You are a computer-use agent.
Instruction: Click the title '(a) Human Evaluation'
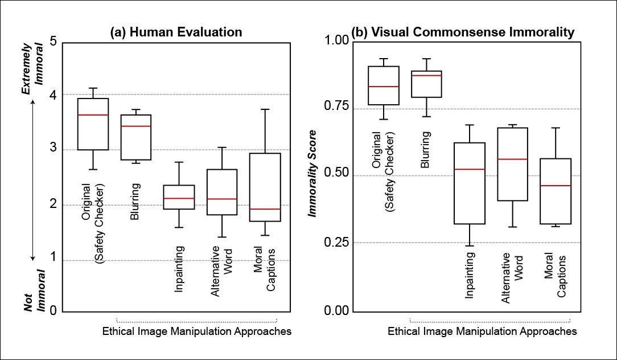pos(176,33)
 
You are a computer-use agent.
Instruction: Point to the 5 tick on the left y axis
pos(53,42)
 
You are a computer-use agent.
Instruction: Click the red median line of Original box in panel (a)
pos(93,115)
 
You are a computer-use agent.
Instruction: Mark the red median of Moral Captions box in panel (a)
pos(264,209)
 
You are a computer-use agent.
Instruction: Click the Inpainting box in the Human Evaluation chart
pos(179,197)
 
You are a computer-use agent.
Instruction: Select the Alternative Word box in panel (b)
pos(512,164)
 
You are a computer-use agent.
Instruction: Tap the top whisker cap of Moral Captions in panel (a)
pos(264,109)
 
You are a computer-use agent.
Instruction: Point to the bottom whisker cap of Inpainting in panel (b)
pos(470,246)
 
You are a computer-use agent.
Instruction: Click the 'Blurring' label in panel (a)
pos(136,202)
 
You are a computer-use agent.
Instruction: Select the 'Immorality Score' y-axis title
pos(312,173)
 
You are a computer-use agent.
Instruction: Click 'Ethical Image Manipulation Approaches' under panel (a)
pos(197,331)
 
